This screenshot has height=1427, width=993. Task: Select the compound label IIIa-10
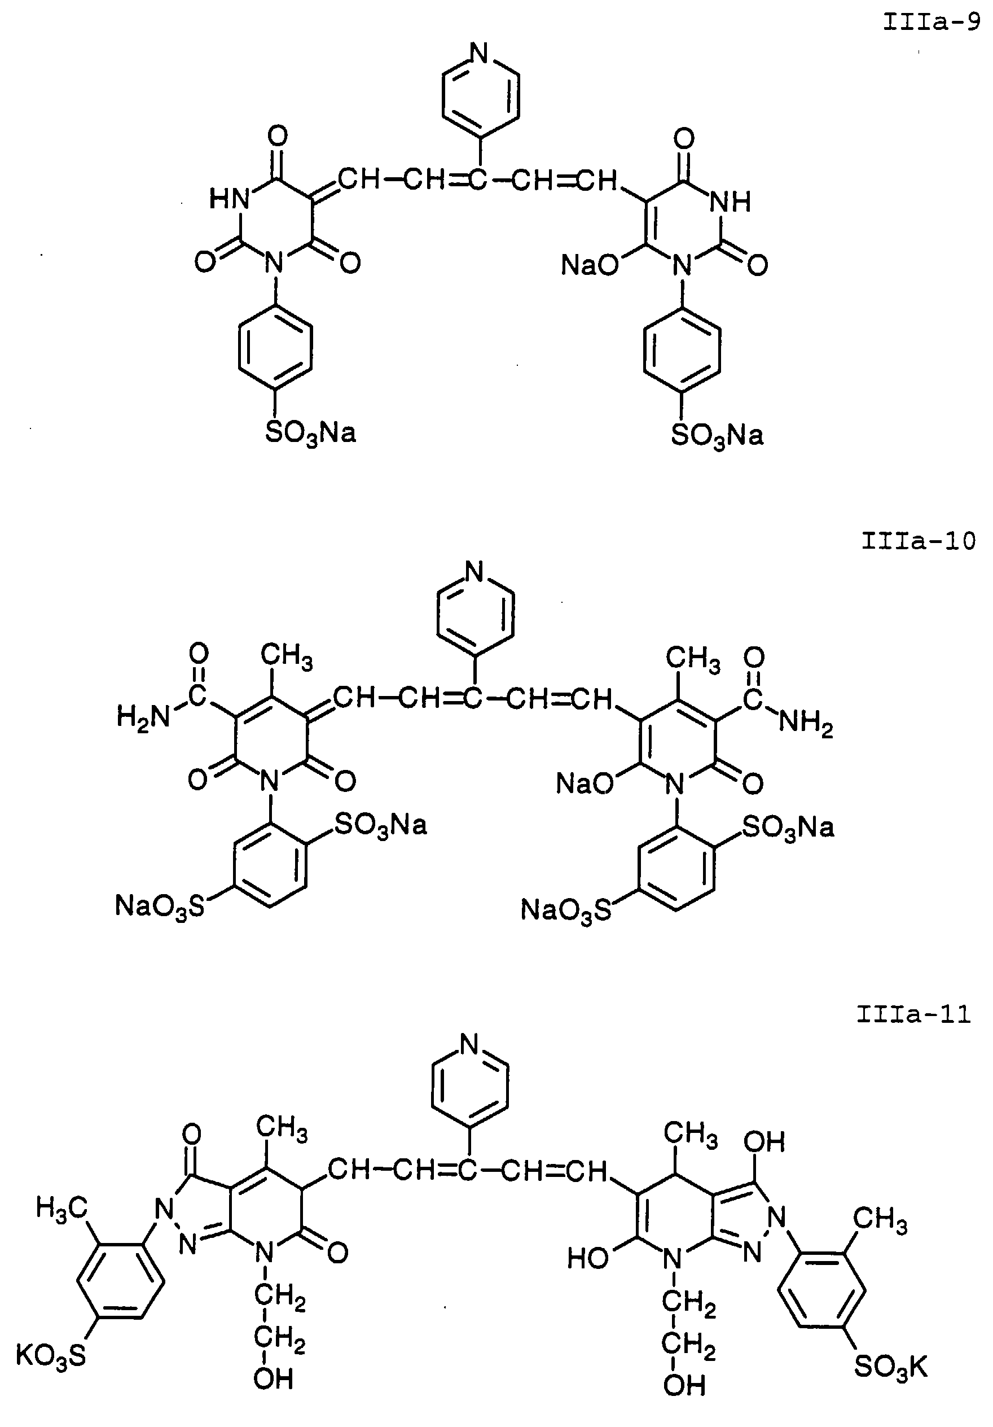point(918,541)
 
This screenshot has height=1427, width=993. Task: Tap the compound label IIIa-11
point(913,1014)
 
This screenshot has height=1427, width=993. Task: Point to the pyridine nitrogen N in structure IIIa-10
point(474,571)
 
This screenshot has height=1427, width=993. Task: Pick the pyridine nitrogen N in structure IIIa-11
point(470,1045)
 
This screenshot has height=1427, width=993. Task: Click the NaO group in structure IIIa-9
point(590,265)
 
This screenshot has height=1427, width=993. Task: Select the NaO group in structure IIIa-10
point(584,783)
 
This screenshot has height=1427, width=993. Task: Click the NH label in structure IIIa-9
point(731,201)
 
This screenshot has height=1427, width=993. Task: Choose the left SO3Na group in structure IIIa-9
point(311,433)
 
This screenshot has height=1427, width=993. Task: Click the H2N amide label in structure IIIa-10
point(143,718)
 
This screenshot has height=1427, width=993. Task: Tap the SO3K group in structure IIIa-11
point(890,1367)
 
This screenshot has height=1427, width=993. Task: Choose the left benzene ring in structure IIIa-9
point(275,349)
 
